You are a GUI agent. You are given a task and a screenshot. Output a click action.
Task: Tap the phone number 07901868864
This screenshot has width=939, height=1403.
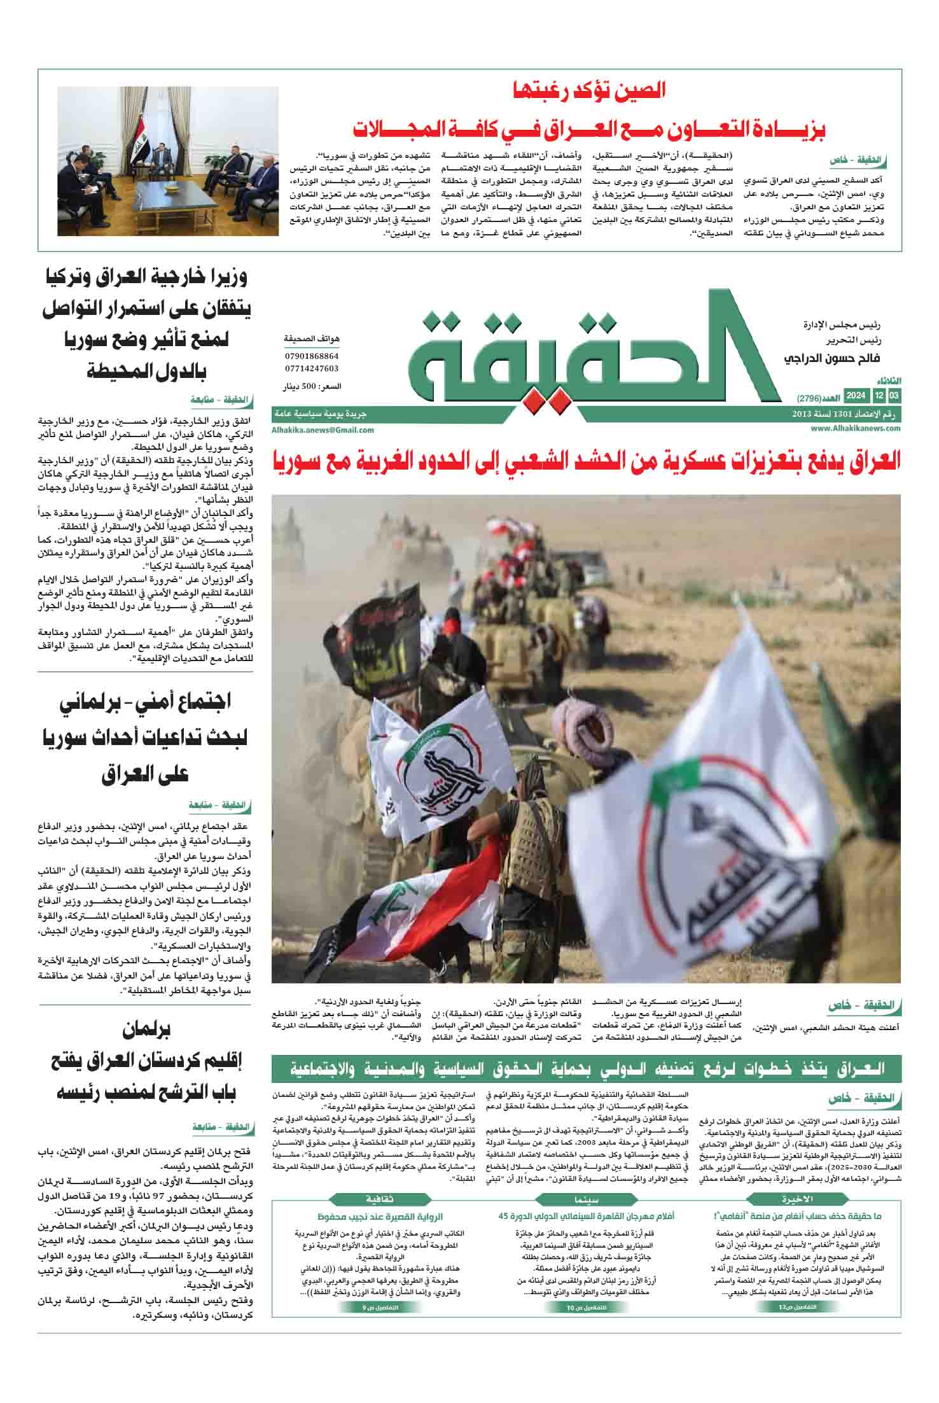click(312, 356)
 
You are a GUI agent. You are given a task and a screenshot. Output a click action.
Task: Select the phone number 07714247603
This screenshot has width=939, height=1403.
click(312, 368)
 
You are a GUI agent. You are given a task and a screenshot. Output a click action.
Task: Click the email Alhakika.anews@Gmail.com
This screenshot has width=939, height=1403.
click(323, 429)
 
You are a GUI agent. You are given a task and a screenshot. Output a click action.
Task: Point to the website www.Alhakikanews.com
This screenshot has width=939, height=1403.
click(856, 429)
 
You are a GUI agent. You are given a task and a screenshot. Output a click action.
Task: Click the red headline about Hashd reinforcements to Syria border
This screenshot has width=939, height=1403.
click(586, 461)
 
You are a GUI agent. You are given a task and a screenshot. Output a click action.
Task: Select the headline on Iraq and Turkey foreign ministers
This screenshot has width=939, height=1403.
click(146, 324)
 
